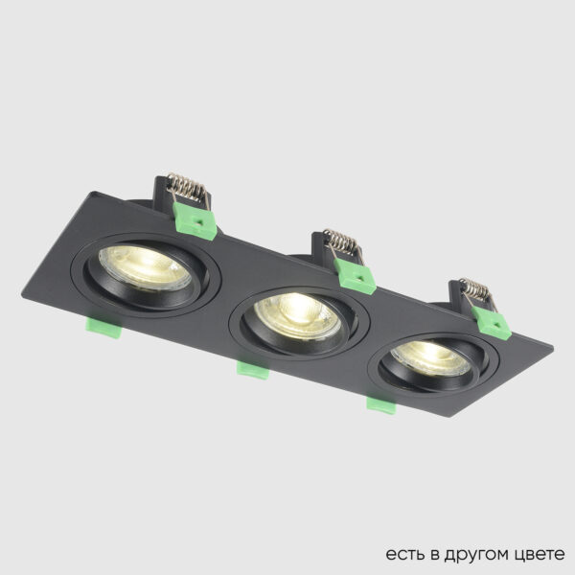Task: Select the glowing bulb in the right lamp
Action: (x=431, y=356)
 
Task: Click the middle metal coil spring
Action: (x=341, y=240)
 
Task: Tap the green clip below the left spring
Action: (x=198, y=222)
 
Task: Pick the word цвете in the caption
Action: (x=538, y=555)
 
